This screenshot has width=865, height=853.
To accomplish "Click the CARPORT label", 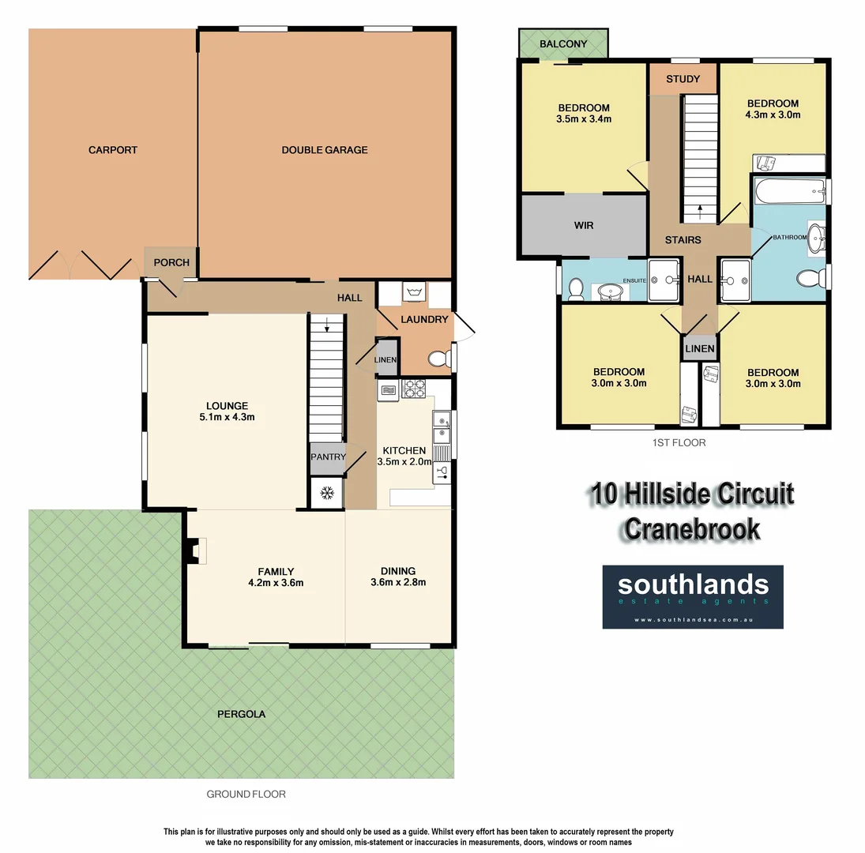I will click(x=112, y=150).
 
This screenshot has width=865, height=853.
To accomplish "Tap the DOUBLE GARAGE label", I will click(x=325, y=150).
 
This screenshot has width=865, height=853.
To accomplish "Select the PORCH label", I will click(x=171, y=262).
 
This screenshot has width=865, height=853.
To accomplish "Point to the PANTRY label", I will click(x=327, y=457).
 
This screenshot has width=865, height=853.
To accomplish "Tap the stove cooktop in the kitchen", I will click(x=415, y=388).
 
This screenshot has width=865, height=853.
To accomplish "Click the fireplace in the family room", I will click(x=195, y=551).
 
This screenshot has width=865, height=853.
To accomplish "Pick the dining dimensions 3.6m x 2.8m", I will click(x=398, y=583).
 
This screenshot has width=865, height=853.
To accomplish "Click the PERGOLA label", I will click(x=241, y=714).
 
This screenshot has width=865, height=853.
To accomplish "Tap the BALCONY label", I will click(x=563, y=44).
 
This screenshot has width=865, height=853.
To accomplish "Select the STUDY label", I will click(x=683, y=79).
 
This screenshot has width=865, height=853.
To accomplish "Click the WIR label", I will click(x=583, y=225).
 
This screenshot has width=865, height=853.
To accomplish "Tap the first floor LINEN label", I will click(x=700, y=348).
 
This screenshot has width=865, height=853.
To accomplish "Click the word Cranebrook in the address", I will click(x=692, y=528).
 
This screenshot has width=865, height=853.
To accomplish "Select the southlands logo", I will click(x=693, y=596).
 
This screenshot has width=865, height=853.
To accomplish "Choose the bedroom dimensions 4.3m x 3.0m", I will click(x=773, y=115).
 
